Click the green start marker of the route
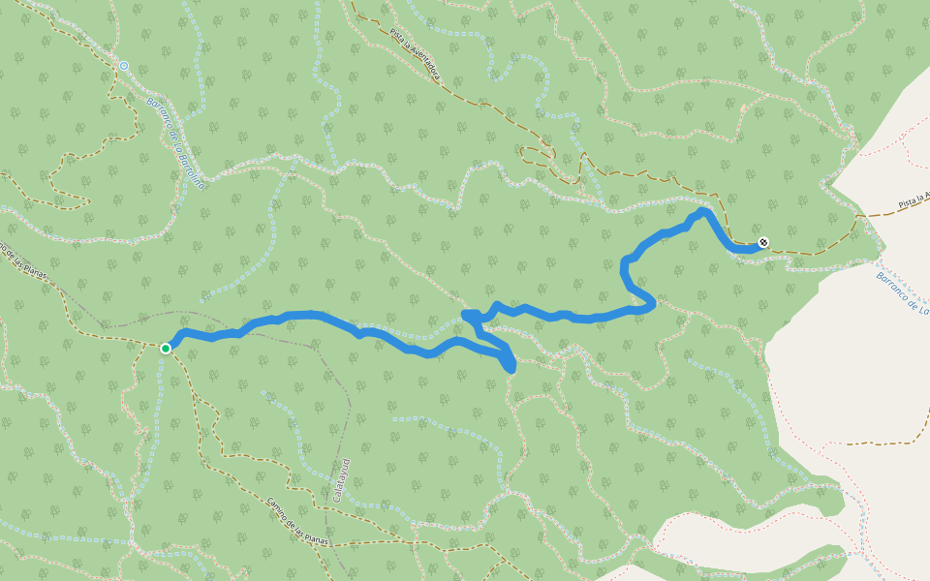pyautogui.click(x=166, y=348)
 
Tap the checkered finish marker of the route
pyautogui.click(x=763, y=242)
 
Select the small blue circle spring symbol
pyautogui.click(x=123, y=66)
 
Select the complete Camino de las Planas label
pyautogui.click(x=297, y=523)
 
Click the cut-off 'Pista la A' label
pyautogui.click(x=913, y=199)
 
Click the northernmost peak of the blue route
pyautogui.click(x=701, y=210)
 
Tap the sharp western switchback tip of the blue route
pyautogui.click(x=467, y=315)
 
